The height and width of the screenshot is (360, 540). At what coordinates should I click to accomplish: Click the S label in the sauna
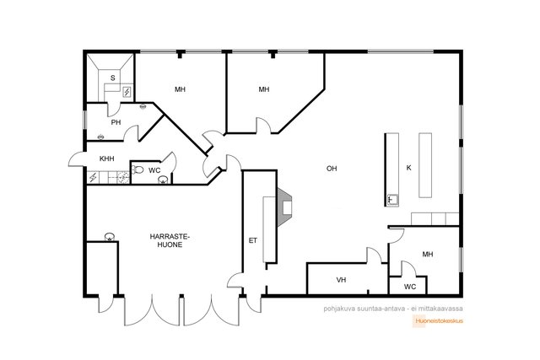point(112,78)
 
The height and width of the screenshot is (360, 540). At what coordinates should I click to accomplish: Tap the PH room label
point(116,122)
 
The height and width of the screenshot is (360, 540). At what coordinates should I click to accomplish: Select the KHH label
point(107,159)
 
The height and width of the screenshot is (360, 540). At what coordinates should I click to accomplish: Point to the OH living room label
point(332,169)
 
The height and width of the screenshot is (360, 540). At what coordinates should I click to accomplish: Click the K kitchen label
point(408,168)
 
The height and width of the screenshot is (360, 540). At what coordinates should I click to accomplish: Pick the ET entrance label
point(253,240)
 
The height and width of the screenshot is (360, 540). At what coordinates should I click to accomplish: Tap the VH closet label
point(341,280)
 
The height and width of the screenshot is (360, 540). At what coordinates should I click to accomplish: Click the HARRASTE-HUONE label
point(170,240)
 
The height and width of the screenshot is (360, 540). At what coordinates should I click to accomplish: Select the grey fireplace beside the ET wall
point(284,207)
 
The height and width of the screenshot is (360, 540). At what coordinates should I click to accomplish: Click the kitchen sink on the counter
point(392,199)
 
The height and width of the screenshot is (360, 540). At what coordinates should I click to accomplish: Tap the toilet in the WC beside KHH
point(138,169)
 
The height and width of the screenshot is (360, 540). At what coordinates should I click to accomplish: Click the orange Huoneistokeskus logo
point(438,320)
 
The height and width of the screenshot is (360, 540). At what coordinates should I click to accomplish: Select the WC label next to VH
point(410,287)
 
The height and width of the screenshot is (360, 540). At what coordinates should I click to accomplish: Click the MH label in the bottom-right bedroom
point(428,255)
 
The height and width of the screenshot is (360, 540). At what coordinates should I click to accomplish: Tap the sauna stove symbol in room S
point(127,92)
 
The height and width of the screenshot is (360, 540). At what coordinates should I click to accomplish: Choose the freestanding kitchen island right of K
point(425,165)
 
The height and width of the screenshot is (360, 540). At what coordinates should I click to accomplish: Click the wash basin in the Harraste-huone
point(110,237)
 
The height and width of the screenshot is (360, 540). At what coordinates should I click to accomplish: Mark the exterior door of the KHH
point(77,159)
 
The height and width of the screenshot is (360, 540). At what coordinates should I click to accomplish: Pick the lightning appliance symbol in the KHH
point(93,178)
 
